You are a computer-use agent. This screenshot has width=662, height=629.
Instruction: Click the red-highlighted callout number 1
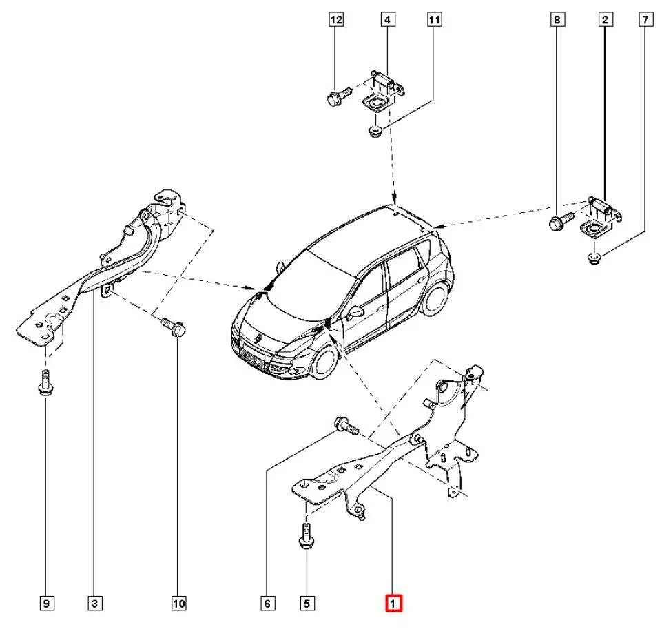pyautogui.click(x=393, y=604)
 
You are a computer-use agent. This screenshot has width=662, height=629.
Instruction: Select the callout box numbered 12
pyautogui.click(x=335, y=21)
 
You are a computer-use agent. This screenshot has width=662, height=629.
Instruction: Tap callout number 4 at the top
pyautogui.click(x=387, y=21)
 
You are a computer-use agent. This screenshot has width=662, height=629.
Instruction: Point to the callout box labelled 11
pyautogui.click(x=433, y=21)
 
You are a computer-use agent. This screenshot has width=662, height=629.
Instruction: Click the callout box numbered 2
pyautogui.click(x=605, y=21)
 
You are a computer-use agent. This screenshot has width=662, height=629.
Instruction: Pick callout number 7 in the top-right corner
pyautogui.click(x=645, y=21)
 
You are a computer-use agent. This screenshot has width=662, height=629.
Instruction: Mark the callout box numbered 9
pyautogui.click(x=46, y=604)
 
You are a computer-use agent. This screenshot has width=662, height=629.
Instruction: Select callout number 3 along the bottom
pyautogui.click(x=95, y=604)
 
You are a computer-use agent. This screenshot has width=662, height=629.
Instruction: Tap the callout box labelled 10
pyautogui.click(x=178, y=604)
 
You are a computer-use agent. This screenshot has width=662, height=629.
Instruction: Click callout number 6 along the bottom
pyautogui.click(x=267, y=604)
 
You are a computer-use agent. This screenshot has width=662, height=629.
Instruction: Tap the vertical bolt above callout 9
pyautogui.click(x=45, y=382)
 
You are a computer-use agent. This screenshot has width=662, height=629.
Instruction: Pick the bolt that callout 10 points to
pyautogui.click(x=172, y=325)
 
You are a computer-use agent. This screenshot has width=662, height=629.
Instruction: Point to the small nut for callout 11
pyautogui.click(x=375, y=131)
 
